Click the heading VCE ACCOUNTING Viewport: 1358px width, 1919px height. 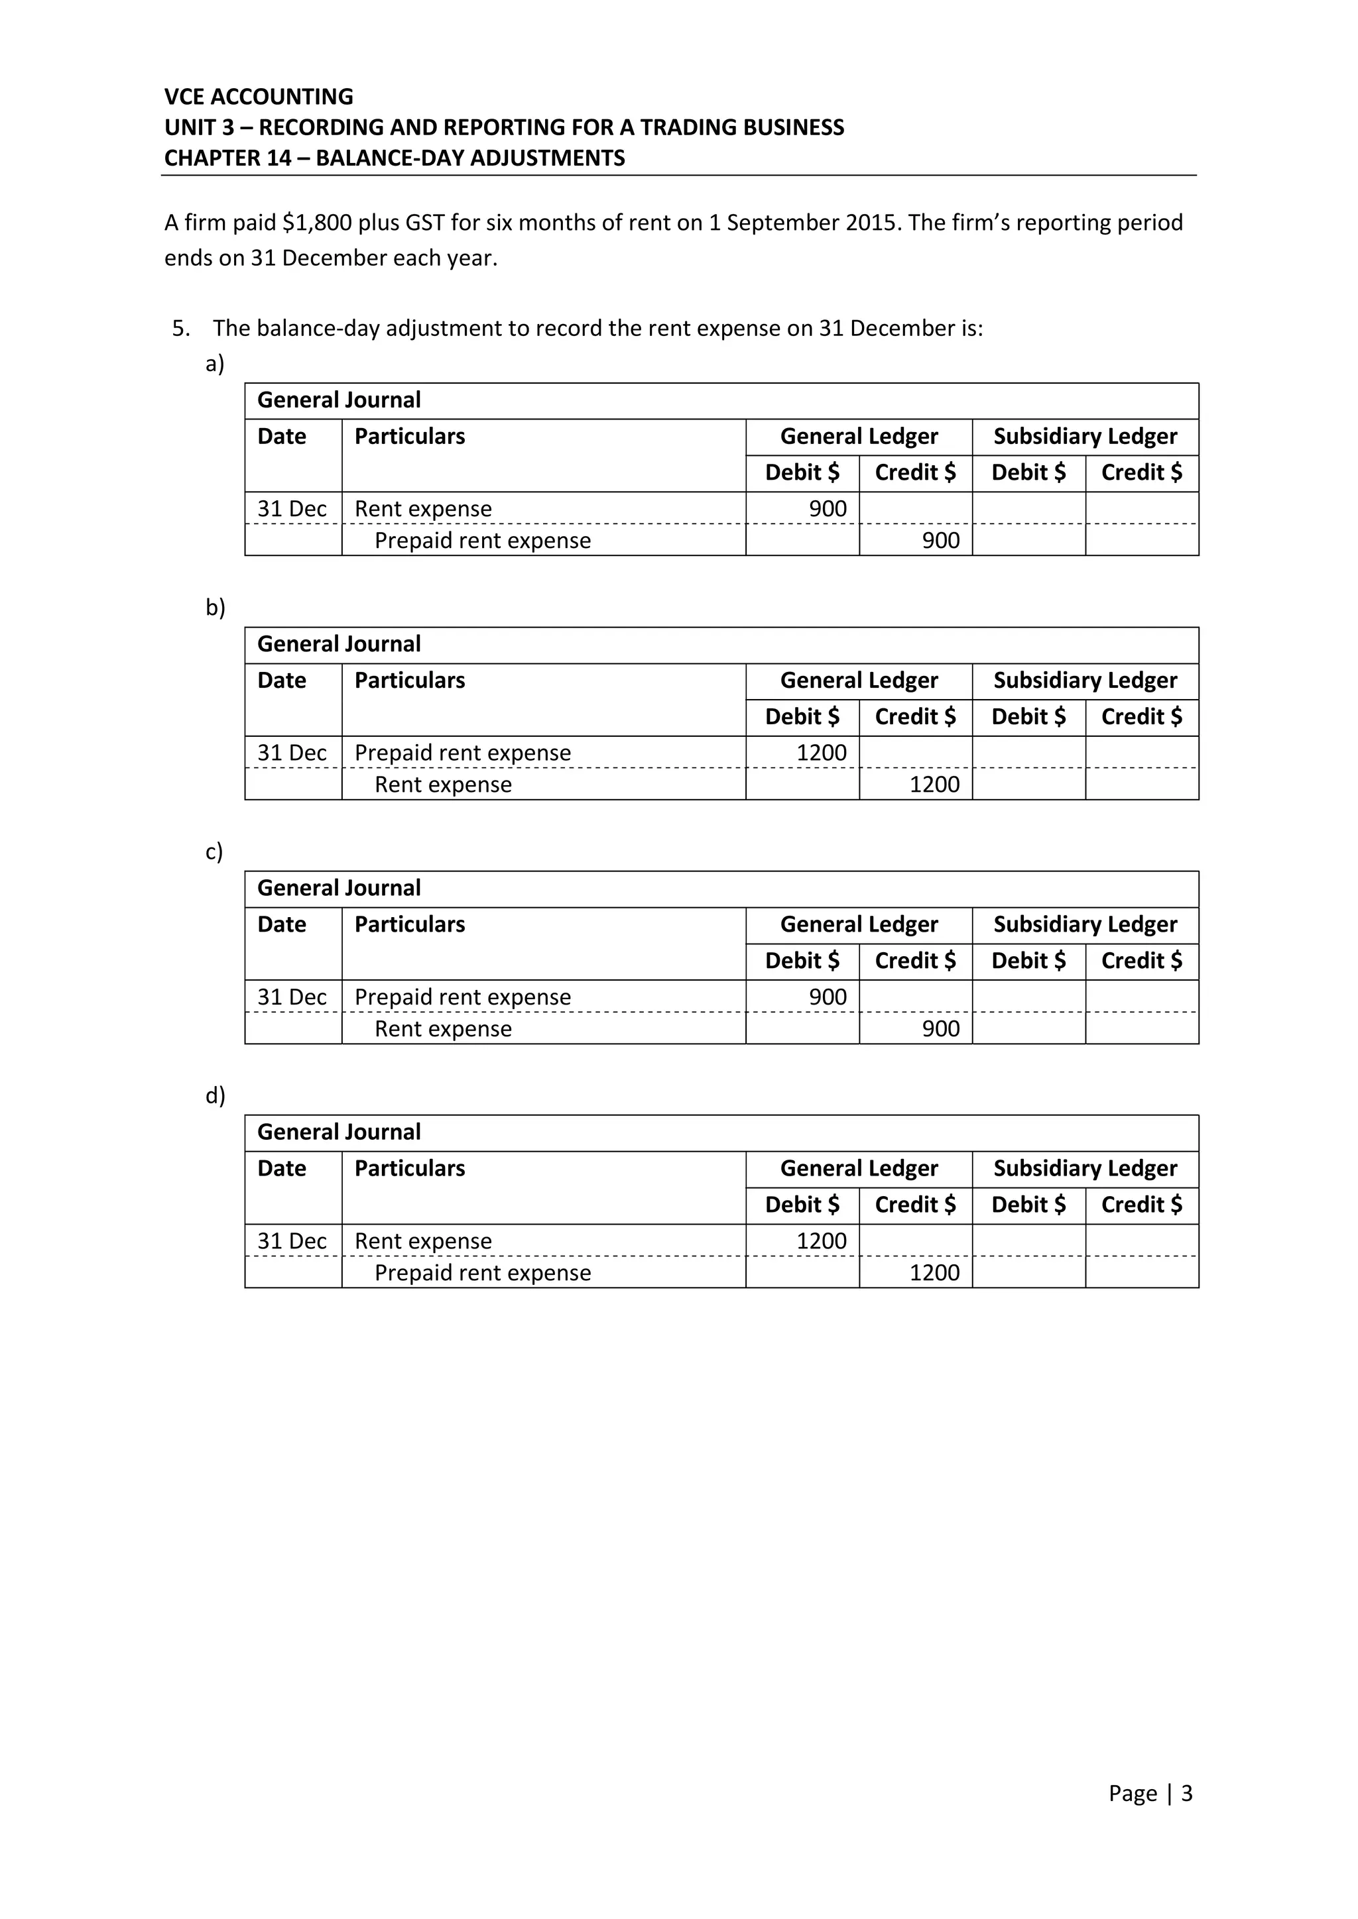tap(259, 97)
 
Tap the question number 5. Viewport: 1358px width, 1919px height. tap(180, 329)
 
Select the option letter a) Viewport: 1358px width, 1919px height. tap(215, 364)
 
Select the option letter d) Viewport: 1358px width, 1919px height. tap(215, 1096)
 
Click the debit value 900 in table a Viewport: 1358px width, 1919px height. tap(827, 509)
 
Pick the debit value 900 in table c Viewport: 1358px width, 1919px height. tap(827, 997)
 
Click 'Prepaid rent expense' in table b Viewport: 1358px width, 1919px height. tap(462, 753)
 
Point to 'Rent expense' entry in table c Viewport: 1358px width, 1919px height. tap(442, 1029)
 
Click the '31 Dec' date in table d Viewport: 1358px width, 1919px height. tap(291, 1241)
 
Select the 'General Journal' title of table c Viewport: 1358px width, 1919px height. tap(339, 889)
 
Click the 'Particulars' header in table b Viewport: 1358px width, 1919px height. tap(409, 681)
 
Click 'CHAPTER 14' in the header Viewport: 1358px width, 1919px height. tap(227, 158)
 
